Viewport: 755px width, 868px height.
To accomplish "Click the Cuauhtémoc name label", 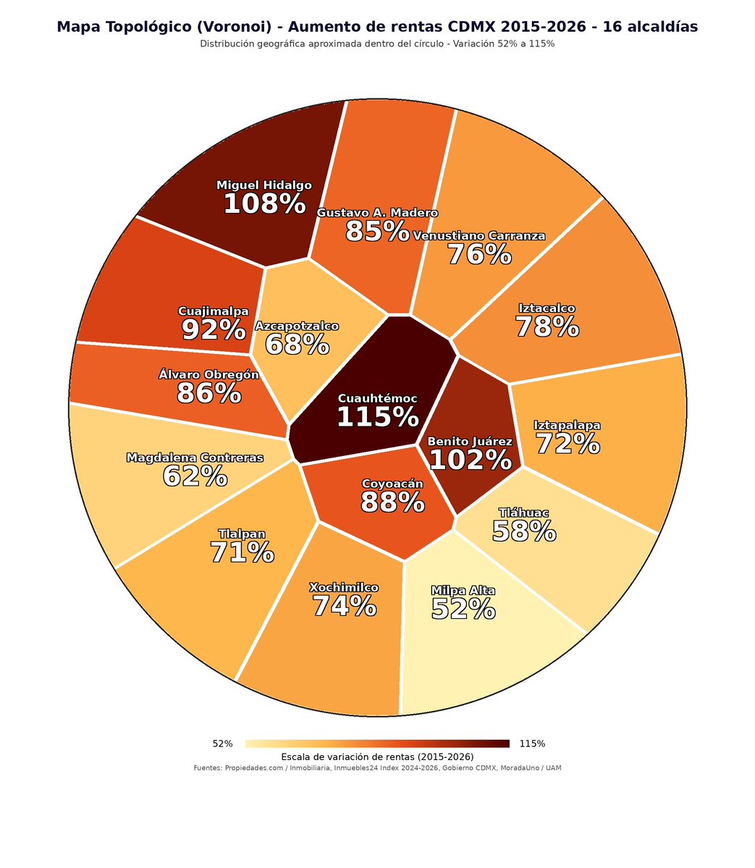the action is coord(378,399).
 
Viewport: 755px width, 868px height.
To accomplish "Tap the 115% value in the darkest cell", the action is coord(378,417).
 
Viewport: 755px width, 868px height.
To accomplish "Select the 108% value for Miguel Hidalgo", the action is coord(265,203).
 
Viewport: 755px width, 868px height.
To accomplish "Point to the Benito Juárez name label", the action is coord(470,442).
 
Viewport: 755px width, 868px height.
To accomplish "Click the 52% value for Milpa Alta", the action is coord(463,610).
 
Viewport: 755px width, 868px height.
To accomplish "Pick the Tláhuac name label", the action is coord(523,513).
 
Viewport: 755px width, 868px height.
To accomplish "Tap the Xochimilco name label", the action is coord(345,587).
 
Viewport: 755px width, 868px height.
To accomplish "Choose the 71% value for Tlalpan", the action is coord(242,552).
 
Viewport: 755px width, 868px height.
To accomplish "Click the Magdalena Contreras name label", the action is coord(195,458).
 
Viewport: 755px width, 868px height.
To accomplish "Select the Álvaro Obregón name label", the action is coord(208,375).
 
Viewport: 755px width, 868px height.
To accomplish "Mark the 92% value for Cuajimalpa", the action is coord(214,330).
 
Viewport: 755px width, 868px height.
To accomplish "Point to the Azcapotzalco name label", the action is coord(297,326).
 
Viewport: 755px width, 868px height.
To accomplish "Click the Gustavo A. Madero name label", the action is coord(377,213).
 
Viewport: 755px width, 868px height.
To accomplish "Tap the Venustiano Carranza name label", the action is coord(479,236).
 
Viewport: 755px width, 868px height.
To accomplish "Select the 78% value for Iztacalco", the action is coord(547,326).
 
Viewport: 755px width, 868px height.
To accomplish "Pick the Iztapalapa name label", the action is coord(568,425).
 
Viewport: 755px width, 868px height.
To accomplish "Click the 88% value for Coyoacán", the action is coord(392,502).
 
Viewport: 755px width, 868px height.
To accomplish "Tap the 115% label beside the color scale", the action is coord(533,744).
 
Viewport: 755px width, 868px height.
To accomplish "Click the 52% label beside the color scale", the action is coord(222,744).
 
